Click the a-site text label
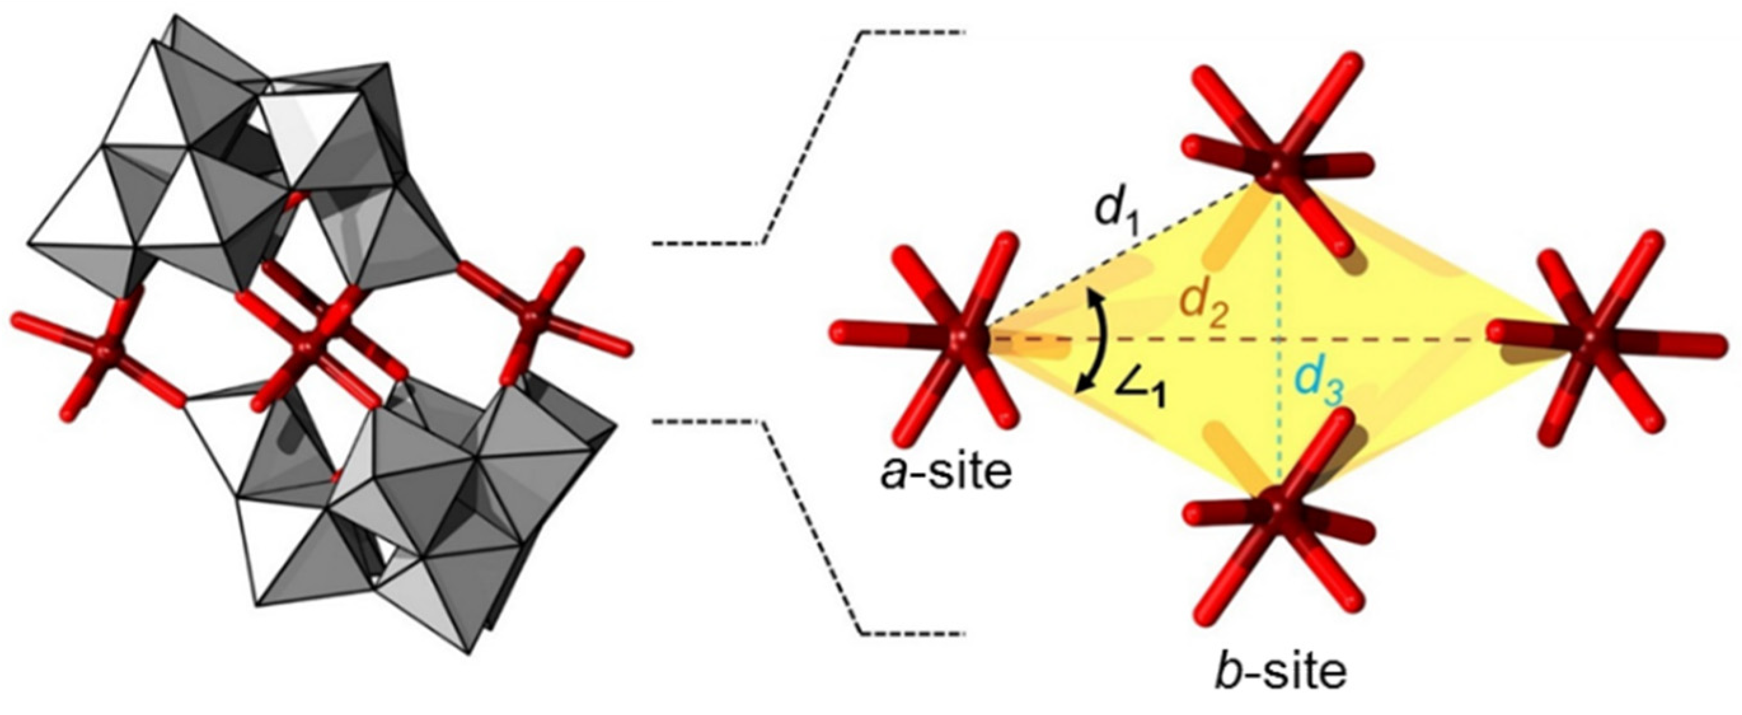947,473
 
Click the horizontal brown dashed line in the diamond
1386,338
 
